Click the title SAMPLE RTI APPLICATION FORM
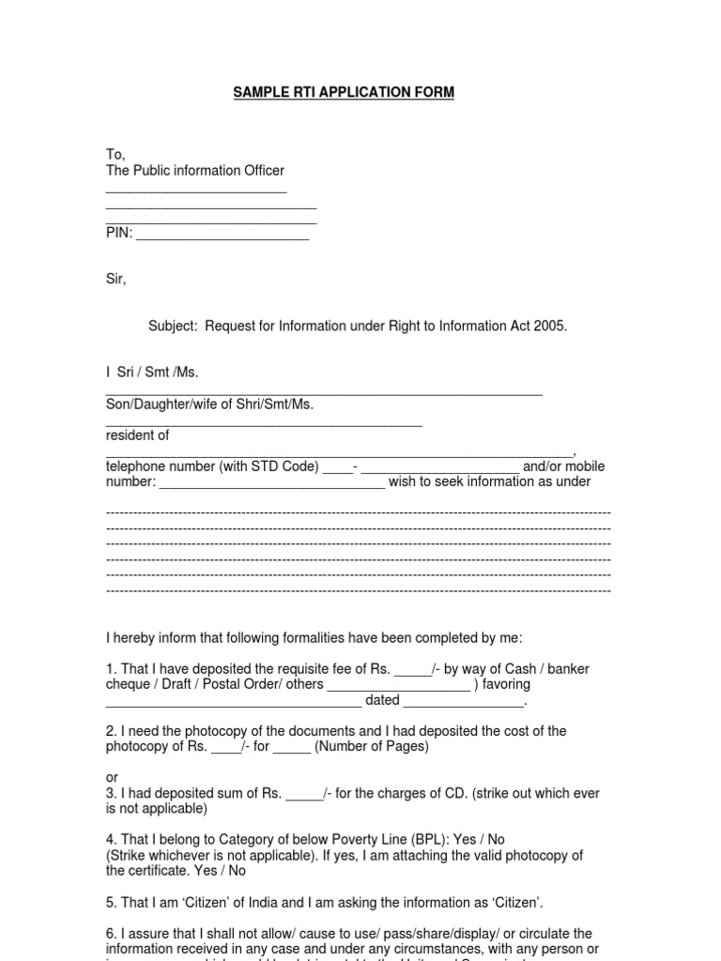[x=344, y=92]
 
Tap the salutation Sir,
[x=115, y=279]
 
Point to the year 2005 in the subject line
[x=550, y=326]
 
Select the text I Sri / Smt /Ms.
[x=152, y=373]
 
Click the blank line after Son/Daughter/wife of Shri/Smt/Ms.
[x=264, y=425]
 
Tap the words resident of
[x=137, y=435]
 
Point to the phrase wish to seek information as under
[x=489, y=481]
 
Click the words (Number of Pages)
[x=372, y=746]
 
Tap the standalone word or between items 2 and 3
[x=113, y=778]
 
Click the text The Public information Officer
[x=195, y=170]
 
